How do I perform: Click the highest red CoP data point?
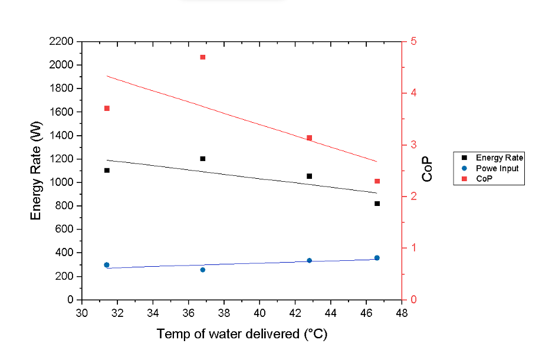202,57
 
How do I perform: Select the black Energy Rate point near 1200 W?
202,159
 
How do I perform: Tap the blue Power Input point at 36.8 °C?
202,270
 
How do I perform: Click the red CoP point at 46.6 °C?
377,181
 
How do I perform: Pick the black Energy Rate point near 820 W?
377,204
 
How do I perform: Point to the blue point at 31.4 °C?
107,265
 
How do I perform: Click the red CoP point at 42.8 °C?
309,138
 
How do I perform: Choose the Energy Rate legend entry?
499,158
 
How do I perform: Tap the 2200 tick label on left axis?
62,41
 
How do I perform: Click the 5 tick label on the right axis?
413,41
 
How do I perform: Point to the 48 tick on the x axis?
402,312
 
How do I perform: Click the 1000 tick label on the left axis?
62,182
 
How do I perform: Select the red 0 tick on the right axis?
413,300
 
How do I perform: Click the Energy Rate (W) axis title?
37,171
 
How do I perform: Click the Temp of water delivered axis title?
242,334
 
